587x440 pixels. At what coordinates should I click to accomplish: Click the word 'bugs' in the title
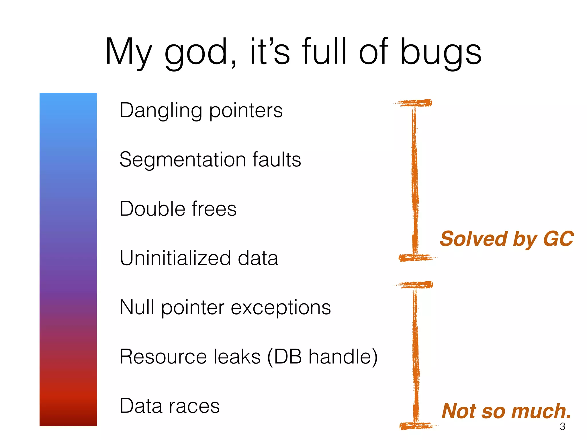441,53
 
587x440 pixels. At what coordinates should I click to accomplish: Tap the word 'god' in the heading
201,53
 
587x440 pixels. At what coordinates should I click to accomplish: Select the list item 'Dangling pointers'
201,111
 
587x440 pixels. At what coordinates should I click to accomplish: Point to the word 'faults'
277,160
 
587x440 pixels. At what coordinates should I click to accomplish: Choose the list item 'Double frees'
178,209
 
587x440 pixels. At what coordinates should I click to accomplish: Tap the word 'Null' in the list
137,307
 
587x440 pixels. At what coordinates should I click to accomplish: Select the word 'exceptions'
281,308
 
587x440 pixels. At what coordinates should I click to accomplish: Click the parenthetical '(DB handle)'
322,357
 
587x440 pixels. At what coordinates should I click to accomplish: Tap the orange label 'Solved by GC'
506,239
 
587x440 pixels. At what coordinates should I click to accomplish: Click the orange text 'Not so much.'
506,411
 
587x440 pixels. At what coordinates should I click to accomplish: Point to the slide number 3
562,427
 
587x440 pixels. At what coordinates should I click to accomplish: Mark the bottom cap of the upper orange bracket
416,258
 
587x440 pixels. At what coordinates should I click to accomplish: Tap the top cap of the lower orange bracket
415,285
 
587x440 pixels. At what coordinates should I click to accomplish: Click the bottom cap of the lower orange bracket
417,426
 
